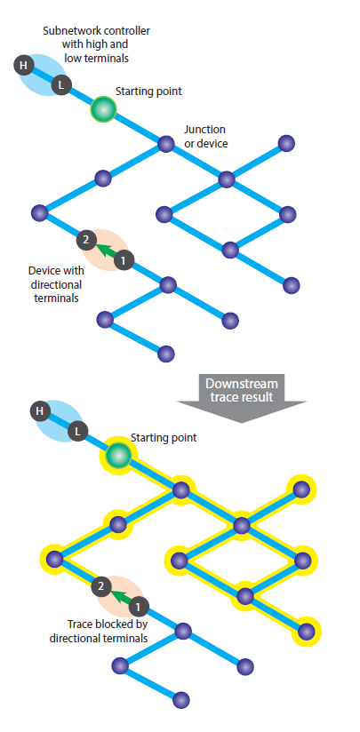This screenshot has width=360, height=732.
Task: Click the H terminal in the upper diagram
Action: pos(23,66)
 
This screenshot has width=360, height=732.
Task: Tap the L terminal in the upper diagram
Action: pos(61,85)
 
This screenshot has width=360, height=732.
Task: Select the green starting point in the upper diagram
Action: pos(103,109)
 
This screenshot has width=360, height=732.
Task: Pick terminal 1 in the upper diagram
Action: pos(124,260)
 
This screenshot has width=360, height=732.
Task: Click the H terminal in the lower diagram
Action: pos(40,411)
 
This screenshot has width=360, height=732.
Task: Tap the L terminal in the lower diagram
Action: pos(78,431)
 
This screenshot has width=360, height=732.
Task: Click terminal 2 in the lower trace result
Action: pos(101,587)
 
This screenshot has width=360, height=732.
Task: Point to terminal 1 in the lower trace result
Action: pos(139,607)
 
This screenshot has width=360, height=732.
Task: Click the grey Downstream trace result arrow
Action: pos(242,398)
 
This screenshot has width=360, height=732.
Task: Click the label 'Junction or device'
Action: pos(205,136)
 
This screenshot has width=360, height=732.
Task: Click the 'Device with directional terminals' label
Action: pos(56,284)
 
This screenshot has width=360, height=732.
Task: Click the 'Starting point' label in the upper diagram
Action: pos(148,91)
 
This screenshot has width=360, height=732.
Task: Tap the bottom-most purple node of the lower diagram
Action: pos(181,700)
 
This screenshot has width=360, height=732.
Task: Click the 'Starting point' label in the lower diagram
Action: pos(164,437)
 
